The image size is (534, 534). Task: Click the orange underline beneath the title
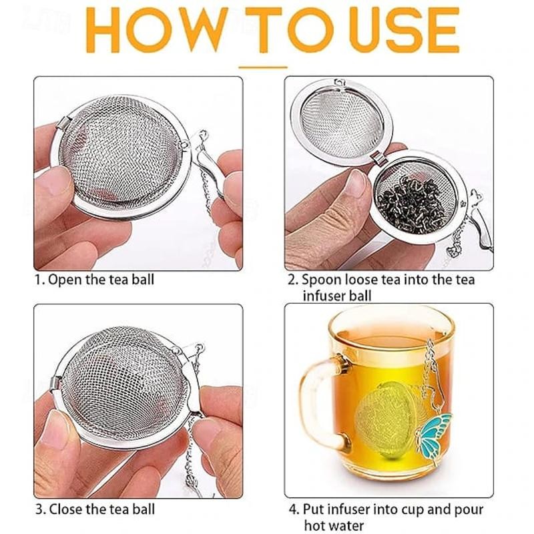point(263,67)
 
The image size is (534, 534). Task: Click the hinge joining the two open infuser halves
point(377,158)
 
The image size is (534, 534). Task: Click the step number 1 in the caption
point(39,280)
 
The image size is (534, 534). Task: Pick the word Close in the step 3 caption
point(65,509)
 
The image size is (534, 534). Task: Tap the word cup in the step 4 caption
point(413,510)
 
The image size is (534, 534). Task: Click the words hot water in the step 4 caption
point(334,525)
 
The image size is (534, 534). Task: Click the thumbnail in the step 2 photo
point(357,186)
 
